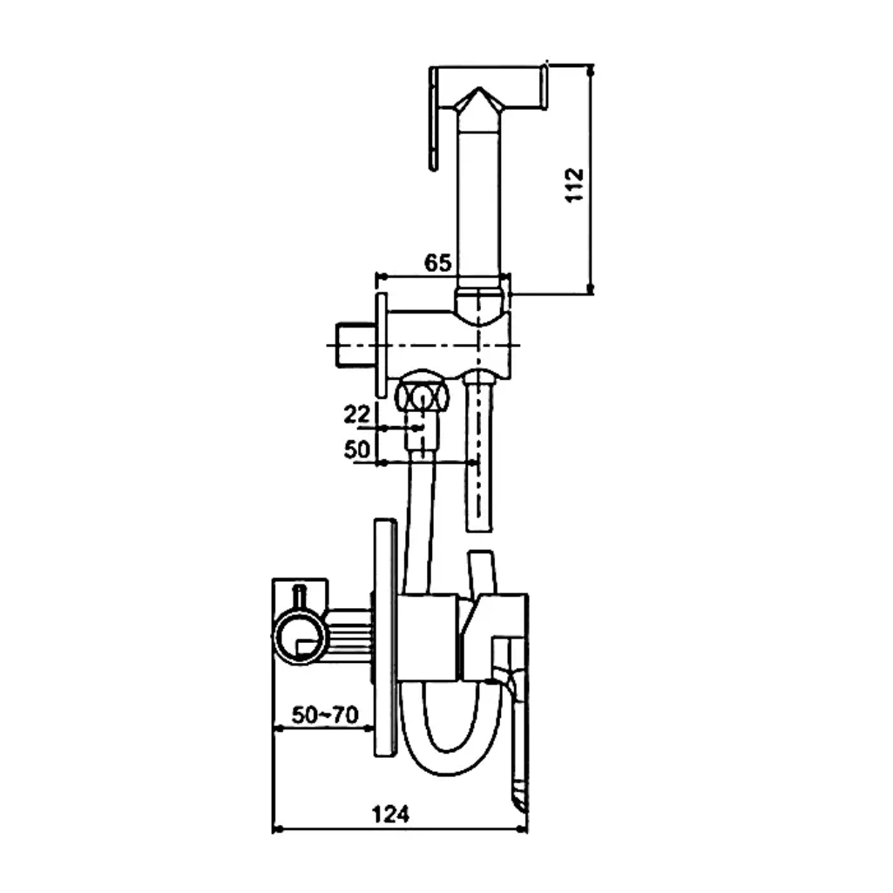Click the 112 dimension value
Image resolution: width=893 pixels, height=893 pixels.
click(574, 185)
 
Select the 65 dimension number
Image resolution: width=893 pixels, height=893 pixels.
click(437, 262)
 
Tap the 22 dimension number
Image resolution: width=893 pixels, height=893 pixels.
click(356, 414)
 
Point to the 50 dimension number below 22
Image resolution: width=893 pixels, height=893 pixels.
click(356, 450)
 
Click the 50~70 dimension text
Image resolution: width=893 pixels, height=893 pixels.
click(325, 714)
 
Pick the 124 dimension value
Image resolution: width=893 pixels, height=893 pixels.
click(390, 815)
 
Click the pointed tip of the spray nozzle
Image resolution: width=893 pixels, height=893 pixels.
click(479, 89)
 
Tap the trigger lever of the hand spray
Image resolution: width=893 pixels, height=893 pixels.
click(434, 119)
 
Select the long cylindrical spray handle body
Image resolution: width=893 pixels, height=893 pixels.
click(479, 205)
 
